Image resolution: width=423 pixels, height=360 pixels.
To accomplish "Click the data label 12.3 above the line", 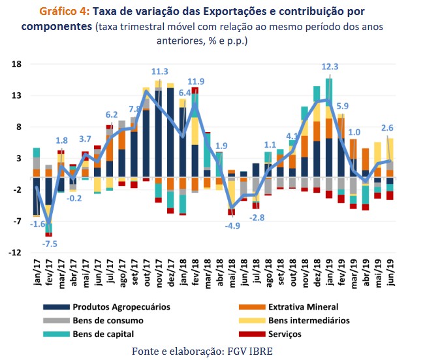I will point(330,67).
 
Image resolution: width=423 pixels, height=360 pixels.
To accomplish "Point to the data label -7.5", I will point(50,244).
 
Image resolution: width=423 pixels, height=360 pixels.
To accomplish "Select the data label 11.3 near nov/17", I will point(160,71).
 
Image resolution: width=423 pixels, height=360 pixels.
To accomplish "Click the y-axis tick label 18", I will point(17,64).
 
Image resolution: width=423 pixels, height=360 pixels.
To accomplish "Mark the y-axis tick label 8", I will point(20,127).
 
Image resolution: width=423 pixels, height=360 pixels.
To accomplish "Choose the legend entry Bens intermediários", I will point(309,320).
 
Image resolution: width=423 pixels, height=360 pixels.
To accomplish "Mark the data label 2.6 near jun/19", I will point(387,128).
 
